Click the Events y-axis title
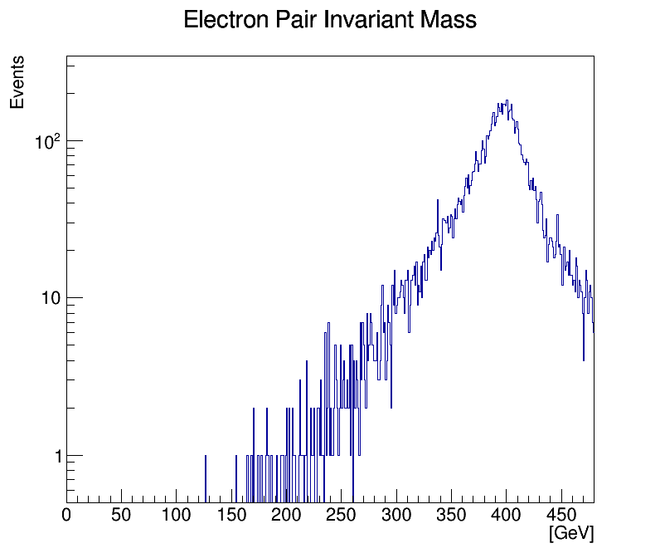pos(17,82)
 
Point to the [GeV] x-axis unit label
pos(571,533)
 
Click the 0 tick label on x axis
pos(67,515)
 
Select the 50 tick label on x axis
pos(121,515)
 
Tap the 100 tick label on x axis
pos(176,515)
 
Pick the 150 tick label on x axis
pos(231,515)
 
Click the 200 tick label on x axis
pos(286,515)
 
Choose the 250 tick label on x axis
pos(341,515)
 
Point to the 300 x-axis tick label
pos(396,515)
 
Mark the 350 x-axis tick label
pos(451,515)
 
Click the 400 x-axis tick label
pos(506,515)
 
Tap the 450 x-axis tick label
pos(561,515)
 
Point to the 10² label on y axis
pos(47,141)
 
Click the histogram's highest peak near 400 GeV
pos(506,101)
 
